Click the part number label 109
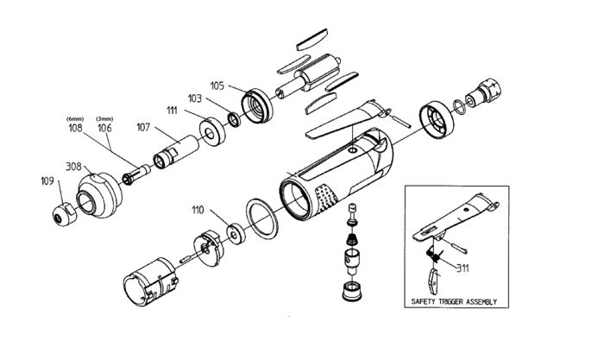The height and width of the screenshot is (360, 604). (x=47, y=182)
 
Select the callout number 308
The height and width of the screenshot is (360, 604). (x=75, y=166)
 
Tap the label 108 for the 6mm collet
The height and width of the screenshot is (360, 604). (x=75, y=128)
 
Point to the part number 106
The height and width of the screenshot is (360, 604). (x=104, y=128)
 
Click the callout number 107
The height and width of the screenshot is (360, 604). (x=142, y=127)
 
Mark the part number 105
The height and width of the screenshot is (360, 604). (x=217, y=85)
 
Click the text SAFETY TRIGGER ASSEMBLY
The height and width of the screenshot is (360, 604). (x=456, y=303)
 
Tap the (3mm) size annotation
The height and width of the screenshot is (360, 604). (x=104, y=118)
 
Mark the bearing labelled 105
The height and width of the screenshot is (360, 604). (x=258, y=104)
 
